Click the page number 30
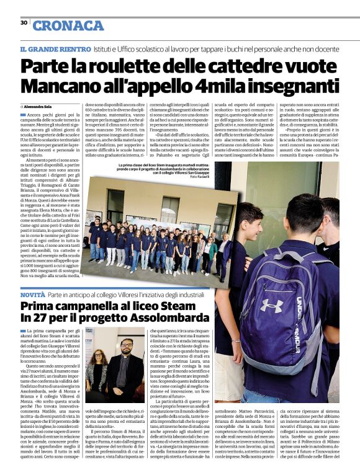coord(24,23)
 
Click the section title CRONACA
coord(68,25)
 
